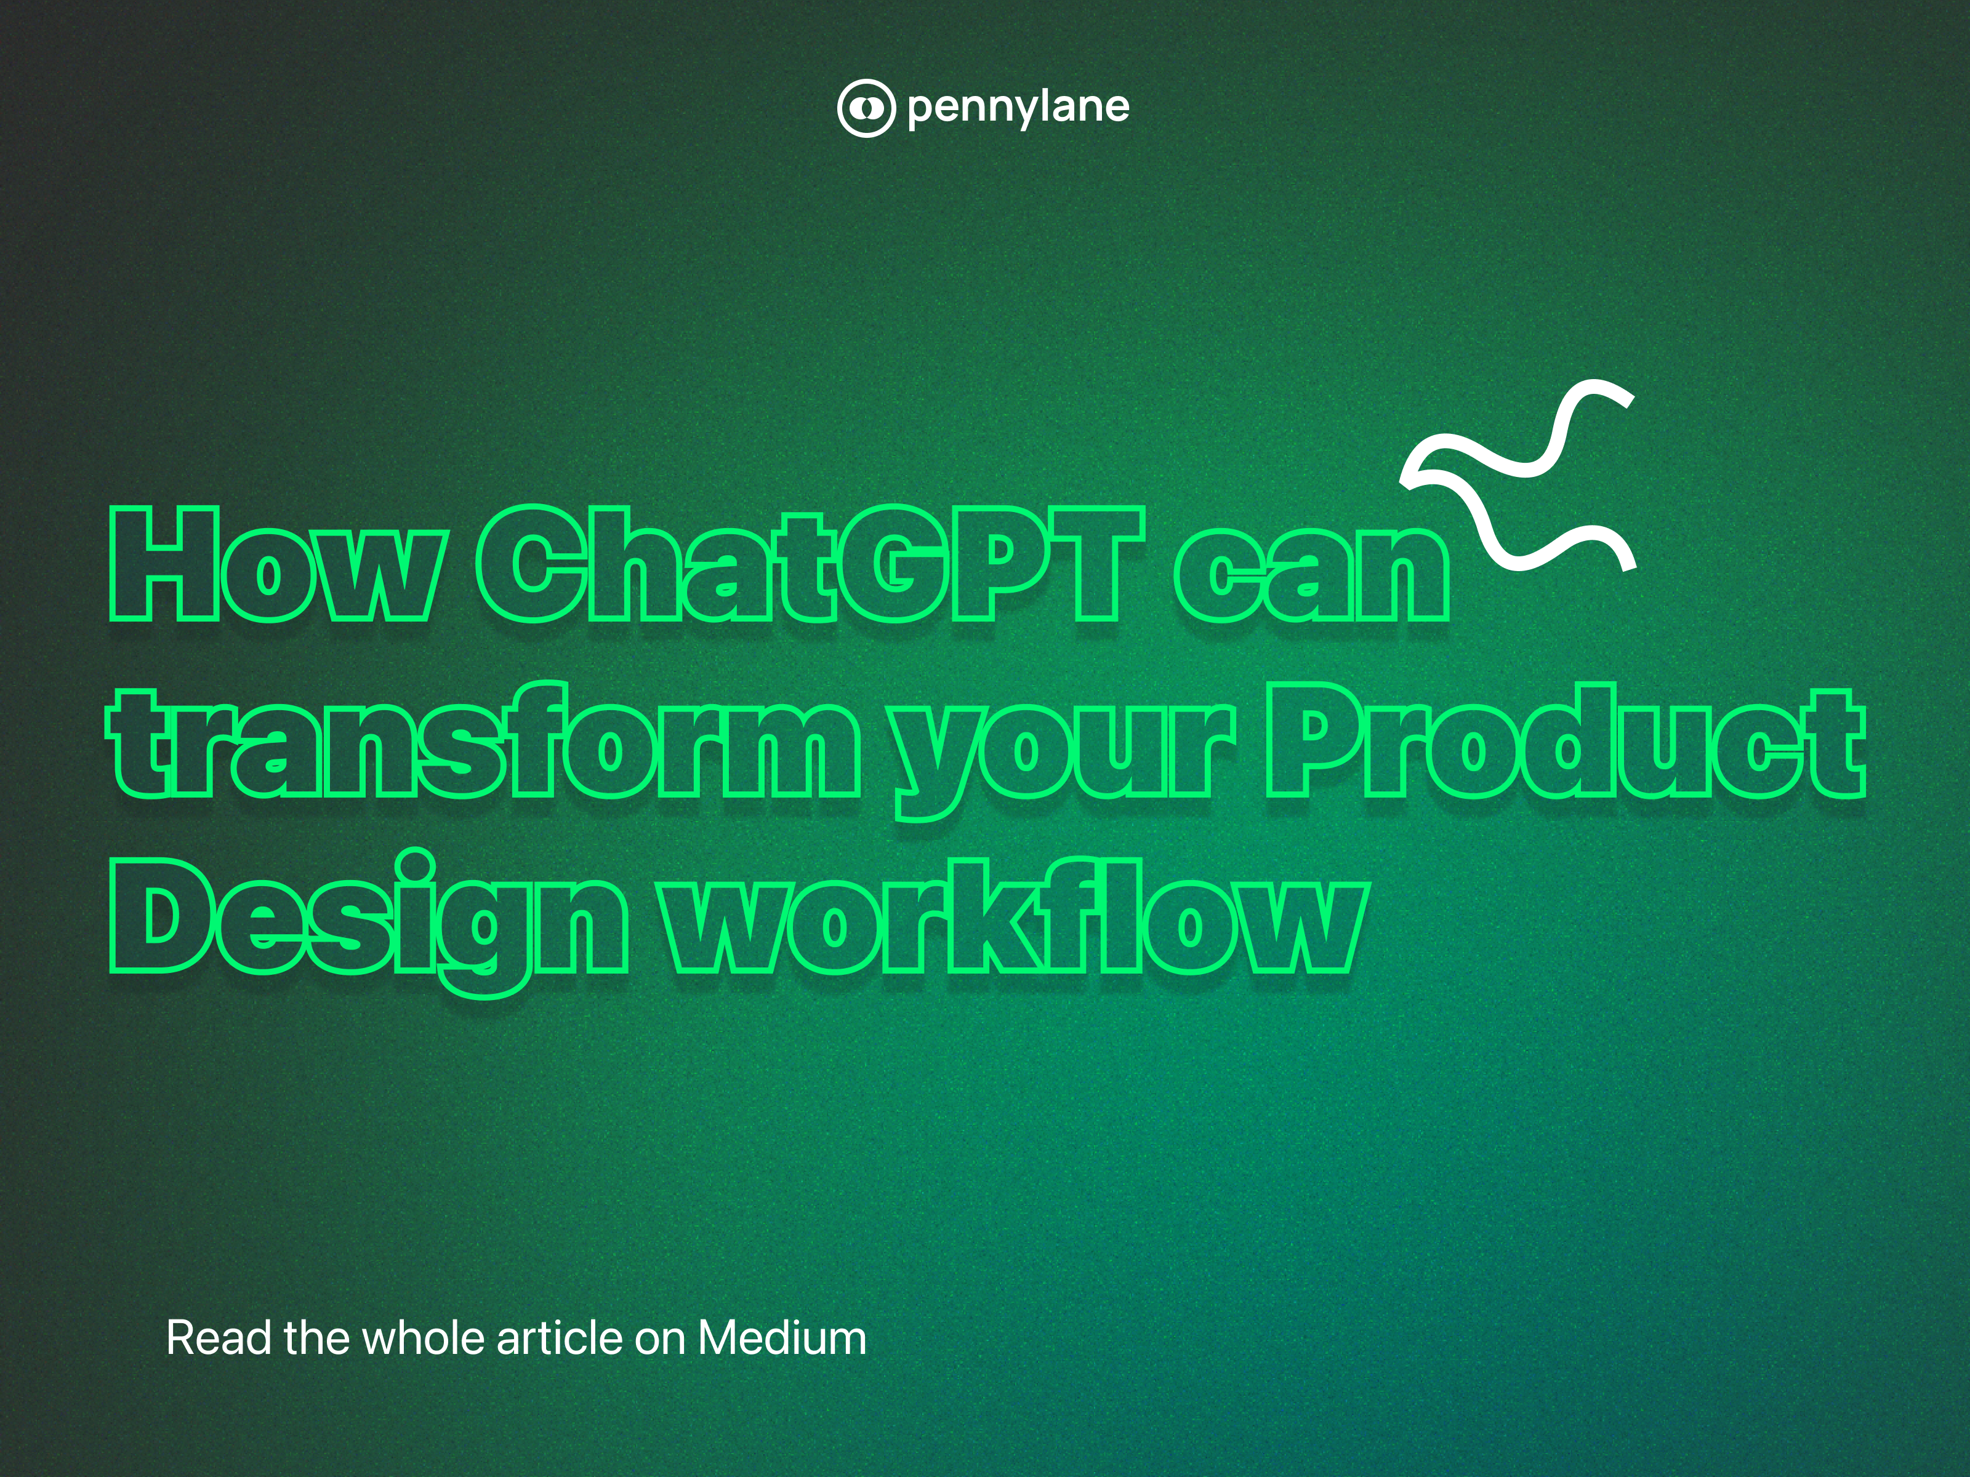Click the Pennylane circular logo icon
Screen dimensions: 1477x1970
865,108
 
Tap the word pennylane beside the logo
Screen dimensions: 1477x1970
1018,108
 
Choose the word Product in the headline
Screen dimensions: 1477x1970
1565,741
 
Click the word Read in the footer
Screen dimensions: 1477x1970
219,1338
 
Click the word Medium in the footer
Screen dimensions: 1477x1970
781,1338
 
